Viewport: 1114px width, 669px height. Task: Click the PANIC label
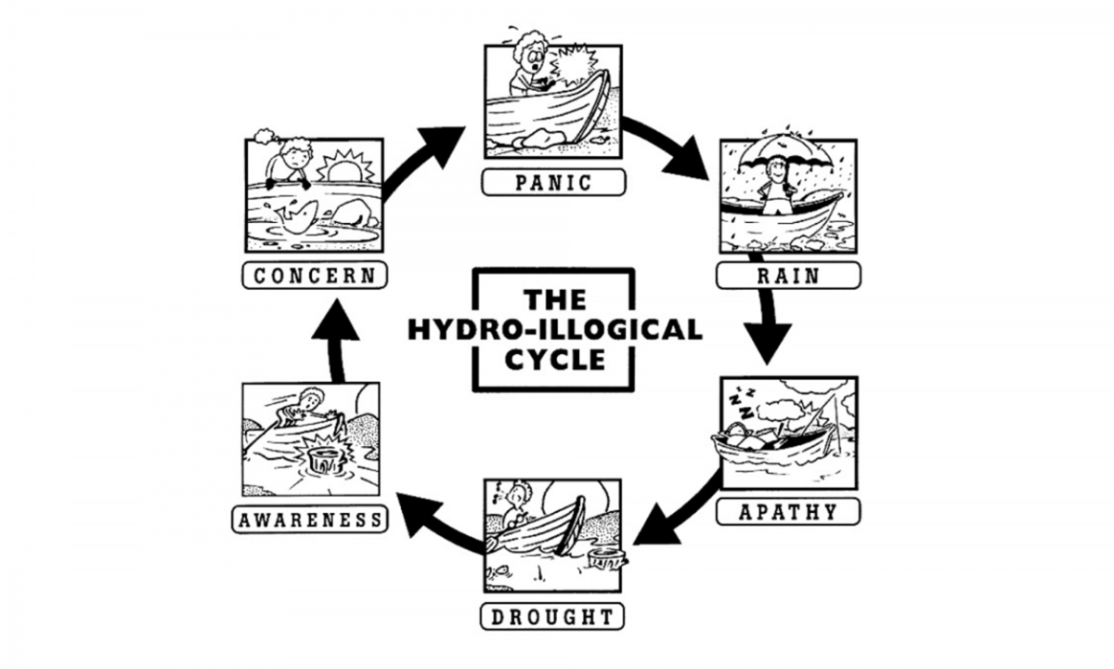(552, 182)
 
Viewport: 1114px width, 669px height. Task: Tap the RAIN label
(786, 276)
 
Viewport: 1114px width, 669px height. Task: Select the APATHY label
(788, 512)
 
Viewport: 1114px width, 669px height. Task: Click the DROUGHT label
(552, 616)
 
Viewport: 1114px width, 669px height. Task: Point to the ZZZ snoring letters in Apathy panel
(741, 402)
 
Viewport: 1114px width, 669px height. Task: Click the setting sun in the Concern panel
(344, 171)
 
